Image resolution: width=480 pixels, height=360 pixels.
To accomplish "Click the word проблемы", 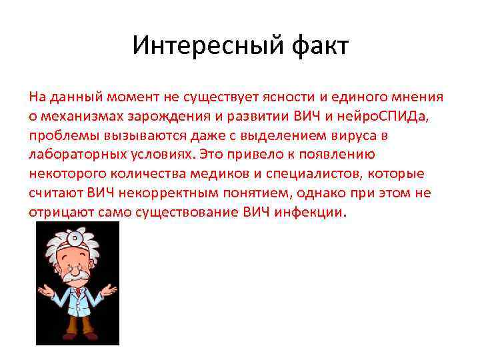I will pos(58,135).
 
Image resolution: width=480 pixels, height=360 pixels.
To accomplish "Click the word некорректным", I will pos(157,193).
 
